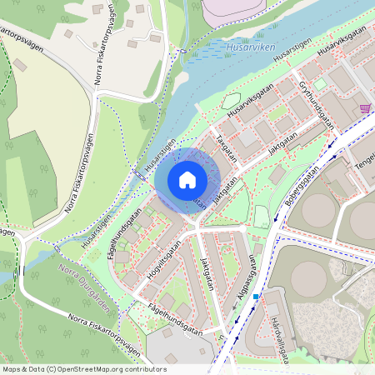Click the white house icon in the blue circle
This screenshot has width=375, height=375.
187,179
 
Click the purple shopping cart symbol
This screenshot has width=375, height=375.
364,108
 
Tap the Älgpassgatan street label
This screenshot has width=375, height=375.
245,288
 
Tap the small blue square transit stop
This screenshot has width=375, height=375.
257,296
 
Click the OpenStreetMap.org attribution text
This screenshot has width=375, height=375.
83,369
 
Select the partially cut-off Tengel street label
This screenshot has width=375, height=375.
364,167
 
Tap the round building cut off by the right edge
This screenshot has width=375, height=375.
363,218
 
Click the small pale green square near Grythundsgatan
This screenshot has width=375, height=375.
320,83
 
